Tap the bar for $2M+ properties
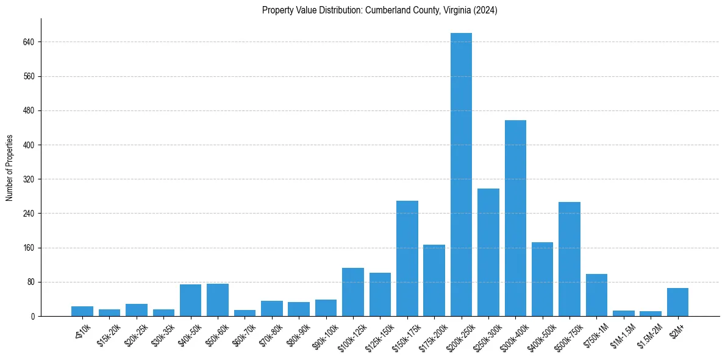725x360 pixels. (x=677, y=302)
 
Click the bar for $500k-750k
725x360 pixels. (x=570, y=259)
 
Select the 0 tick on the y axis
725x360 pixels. (x=33, y=316)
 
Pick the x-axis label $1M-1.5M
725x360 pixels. (x=622, y=335)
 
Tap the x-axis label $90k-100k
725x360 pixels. (x=323, y=336)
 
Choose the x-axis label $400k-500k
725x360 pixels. (x=540, y=336)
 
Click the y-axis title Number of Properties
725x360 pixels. (x=10, y=168)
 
